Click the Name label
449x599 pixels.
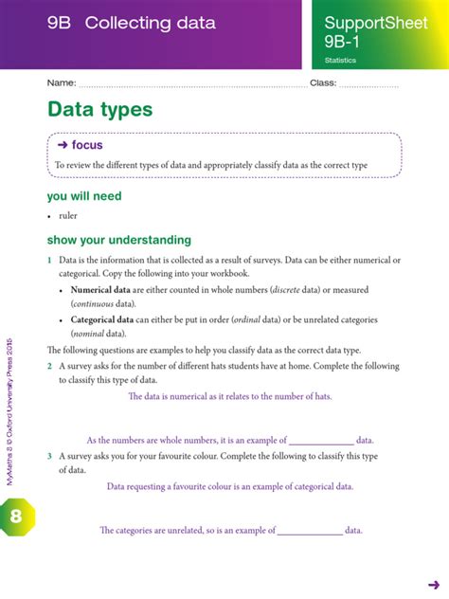click(x=61, y=84)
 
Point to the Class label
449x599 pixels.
click(x=321, y=84)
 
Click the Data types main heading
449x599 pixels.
click(x=99, y=110)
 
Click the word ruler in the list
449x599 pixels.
click(x=68, y=216)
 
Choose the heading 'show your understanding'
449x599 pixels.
click(x=119, y=240)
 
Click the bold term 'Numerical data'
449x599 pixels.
click(x=100, y=290)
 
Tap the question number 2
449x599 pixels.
click(x=50, y=366)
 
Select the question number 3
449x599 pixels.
click(x=50, y=456)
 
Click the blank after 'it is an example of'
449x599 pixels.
click(x=320, y=441)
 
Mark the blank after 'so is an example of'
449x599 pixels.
click(x=309, y=531)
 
